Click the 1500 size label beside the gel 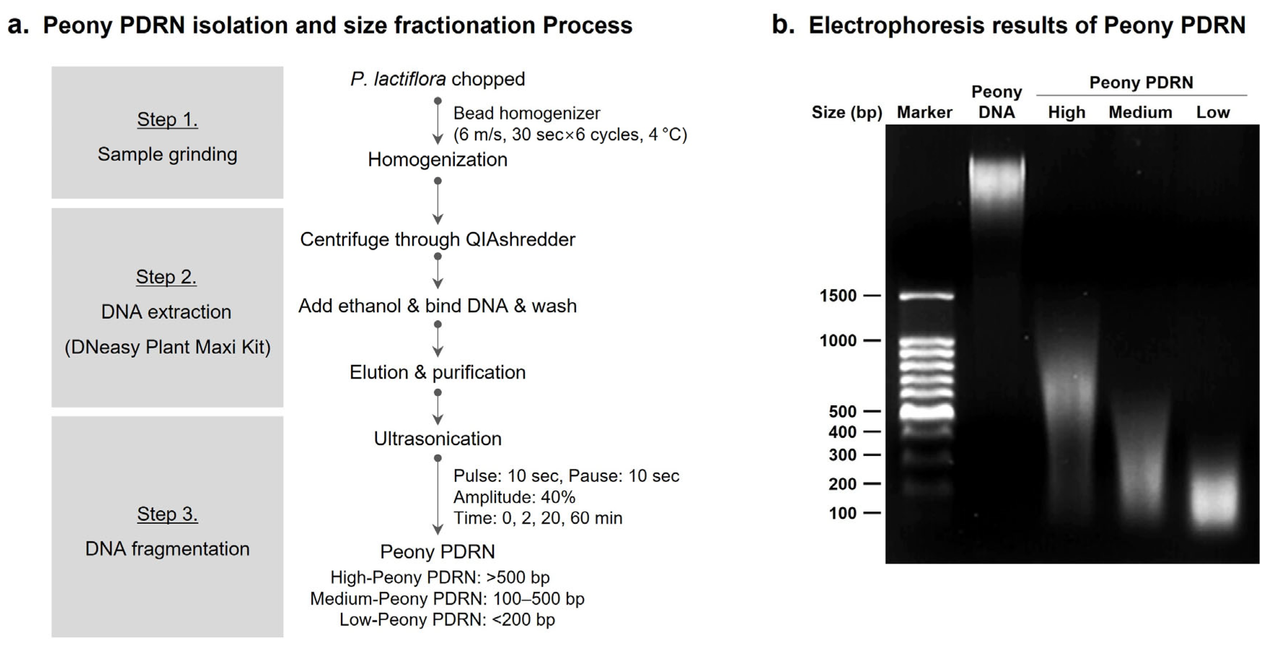coord(838,296)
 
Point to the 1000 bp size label coord(838,340)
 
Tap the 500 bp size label coord(842,411)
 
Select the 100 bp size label coord(842,513)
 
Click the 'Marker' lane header coord(924,113)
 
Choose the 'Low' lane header coord(1213,113)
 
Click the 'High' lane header coord(1067,113)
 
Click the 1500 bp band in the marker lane coord(926,296)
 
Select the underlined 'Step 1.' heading coord(167,119)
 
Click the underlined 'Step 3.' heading coord(167,514)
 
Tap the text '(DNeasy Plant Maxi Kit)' coord(167,347)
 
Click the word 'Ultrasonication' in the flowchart coord(437,439)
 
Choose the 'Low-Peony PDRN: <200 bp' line coord(447,620)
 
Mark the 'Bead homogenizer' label coord(526,113)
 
